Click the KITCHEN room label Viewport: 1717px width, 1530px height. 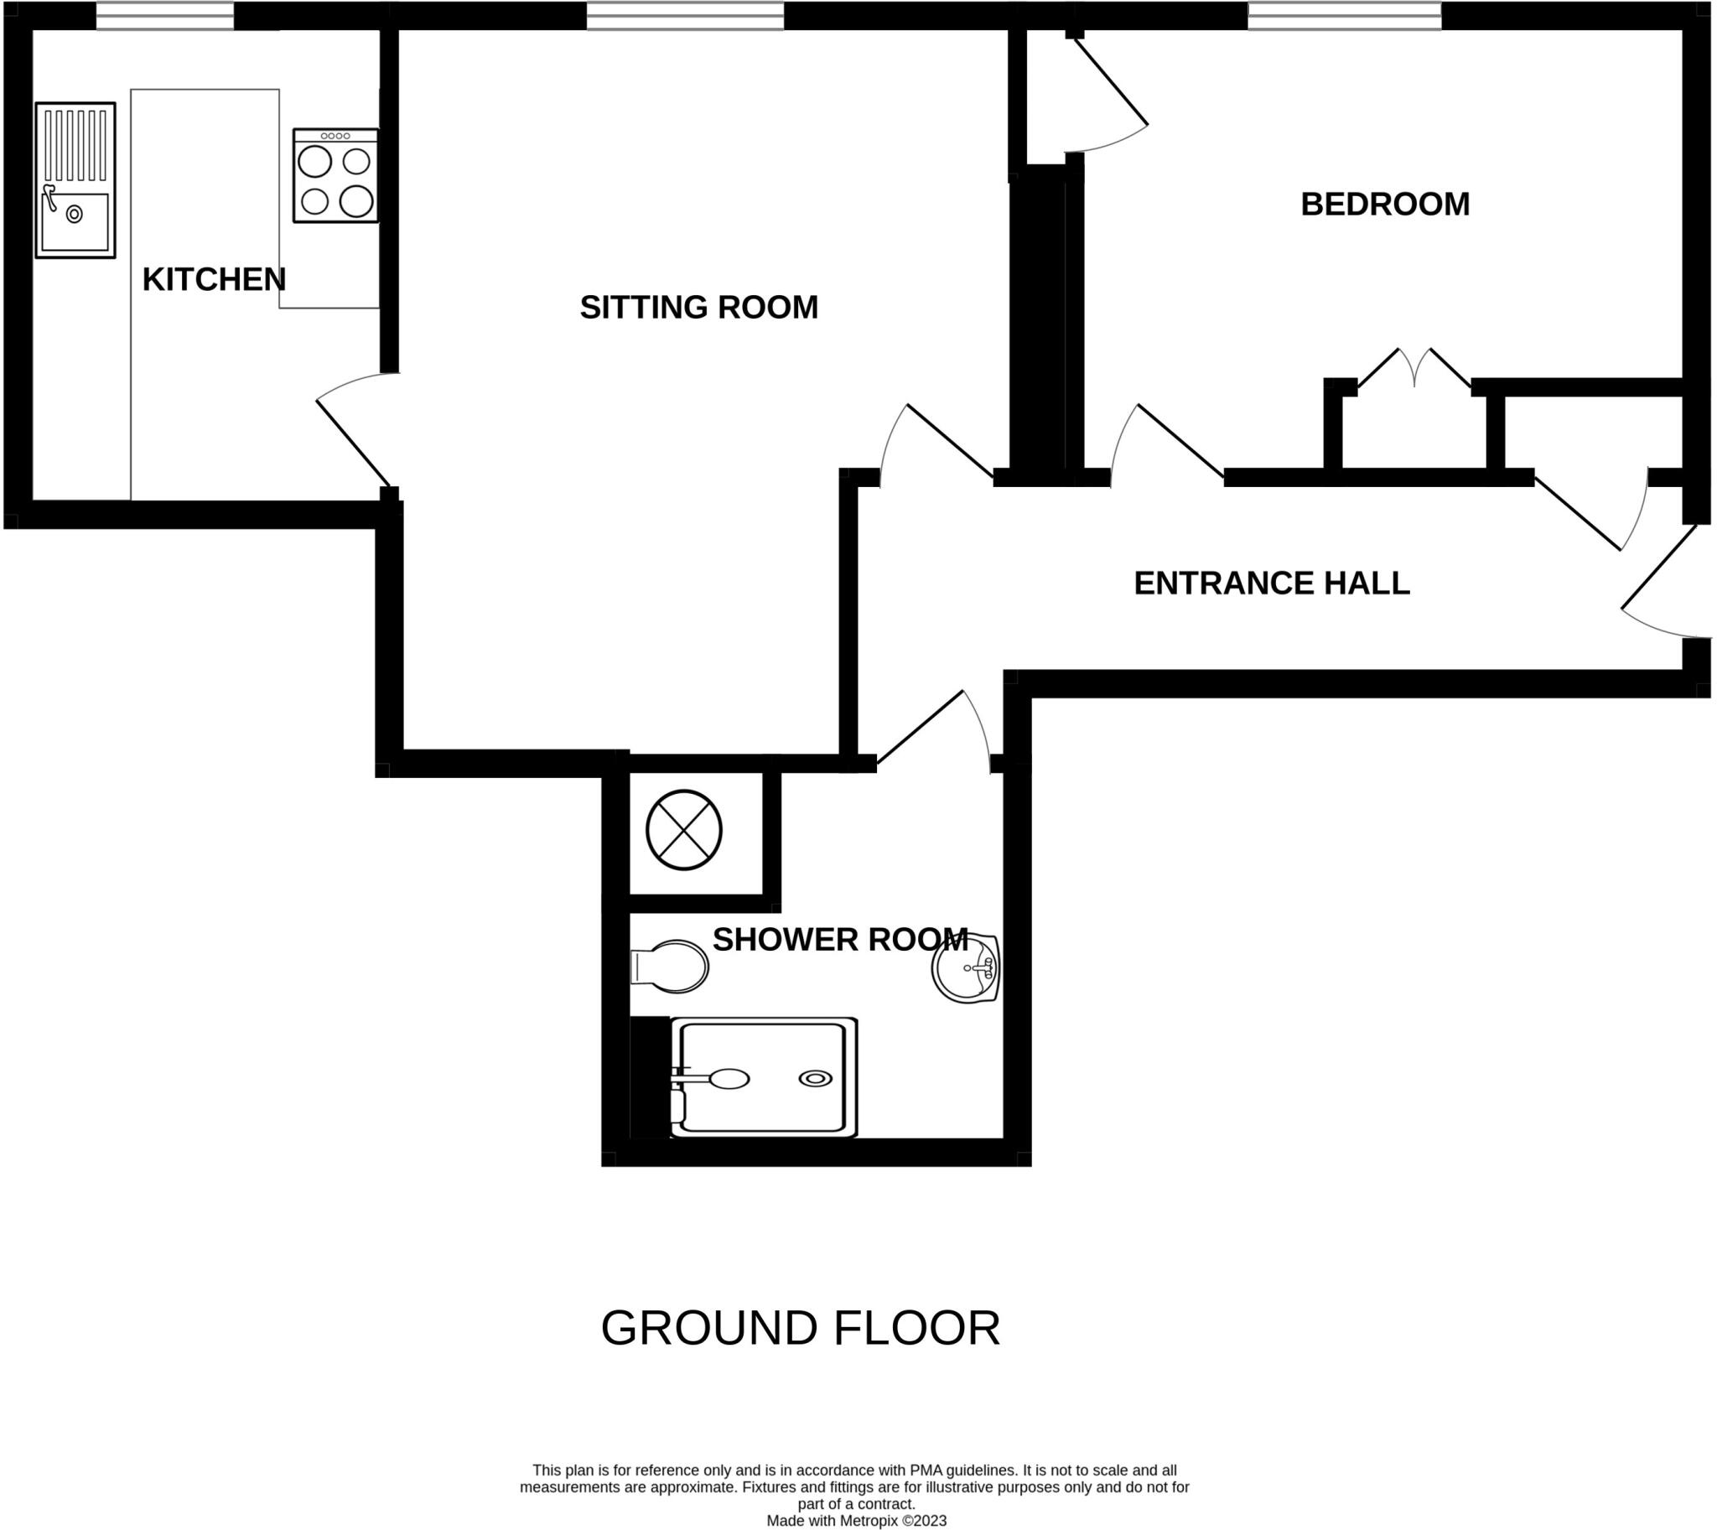(x=214, y=279)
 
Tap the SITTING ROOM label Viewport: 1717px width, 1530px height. (x=698, y=307)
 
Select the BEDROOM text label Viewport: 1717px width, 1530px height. (x=1384, y=205)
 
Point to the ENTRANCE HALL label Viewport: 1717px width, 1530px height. (x=1270, y=583)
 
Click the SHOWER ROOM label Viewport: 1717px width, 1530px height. (x=839, y=939)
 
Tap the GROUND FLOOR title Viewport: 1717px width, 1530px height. (x=800, y=1328)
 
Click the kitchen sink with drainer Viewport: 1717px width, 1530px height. (x=75, y=180)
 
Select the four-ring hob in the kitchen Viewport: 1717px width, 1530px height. (x=335, y=176)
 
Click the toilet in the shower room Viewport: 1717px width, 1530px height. (x=670, y=966)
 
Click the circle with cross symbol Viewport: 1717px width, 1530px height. (x=683, y=830)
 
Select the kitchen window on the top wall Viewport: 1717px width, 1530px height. (x=165, y=16)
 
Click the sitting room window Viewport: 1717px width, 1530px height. (x=684, y=16)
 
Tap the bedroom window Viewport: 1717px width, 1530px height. (x=1344, y=16)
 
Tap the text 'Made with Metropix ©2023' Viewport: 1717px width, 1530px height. (x=856, y=1521)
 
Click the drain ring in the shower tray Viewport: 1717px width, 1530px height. (x=815, y=1079)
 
